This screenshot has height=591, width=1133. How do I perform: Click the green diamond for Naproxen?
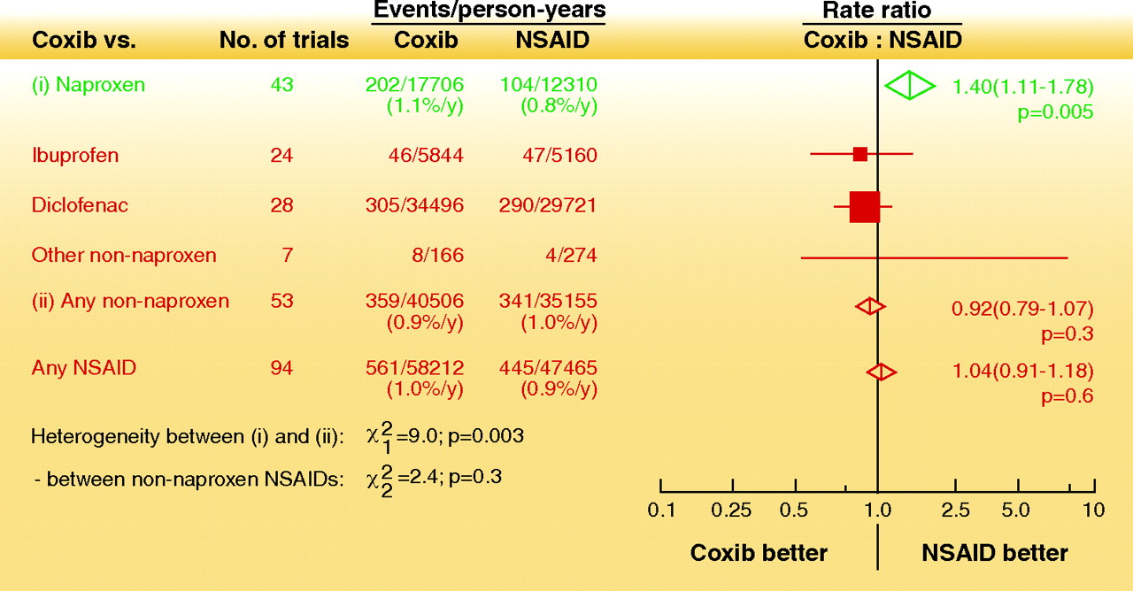(909, 86)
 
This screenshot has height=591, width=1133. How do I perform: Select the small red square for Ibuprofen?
(859, 154)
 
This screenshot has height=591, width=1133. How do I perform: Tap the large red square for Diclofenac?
(864, 206)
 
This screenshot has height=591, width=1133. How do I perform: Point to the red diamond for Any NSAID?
(881, 372)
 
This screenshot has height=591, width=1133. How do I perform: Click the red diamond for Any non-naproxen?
(870, 306)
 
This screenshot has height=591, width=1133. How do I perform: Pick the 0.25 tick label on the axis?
(732, 510)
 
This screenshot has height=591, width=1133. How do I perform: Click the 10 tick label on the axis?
(1094, 510)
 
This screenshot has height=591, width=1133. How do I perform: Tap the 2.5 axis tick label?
(956, 510)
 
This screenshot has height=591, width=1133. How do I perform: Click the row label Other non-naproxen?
(124, 256)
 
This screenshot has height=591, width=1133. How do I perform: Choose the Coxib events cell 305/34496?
(414, 205)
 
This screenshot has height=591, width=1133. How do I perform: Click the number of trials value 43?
(281, 85)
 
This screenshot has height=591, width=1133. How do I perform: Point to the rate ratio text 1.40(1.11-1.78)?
(1022, 87)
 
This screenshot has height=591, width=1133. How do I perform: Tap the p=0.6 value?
(1067, 395)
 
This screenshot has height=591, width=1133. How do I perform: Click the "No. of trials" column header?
(284, 41)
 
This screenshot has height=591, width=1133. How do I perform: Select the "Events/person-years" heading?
(489, 11)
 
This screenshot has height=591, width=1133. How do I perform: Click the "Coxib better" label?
(759, 554)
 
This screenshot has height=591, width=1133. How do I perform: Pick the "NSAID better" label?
(995, 554)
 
